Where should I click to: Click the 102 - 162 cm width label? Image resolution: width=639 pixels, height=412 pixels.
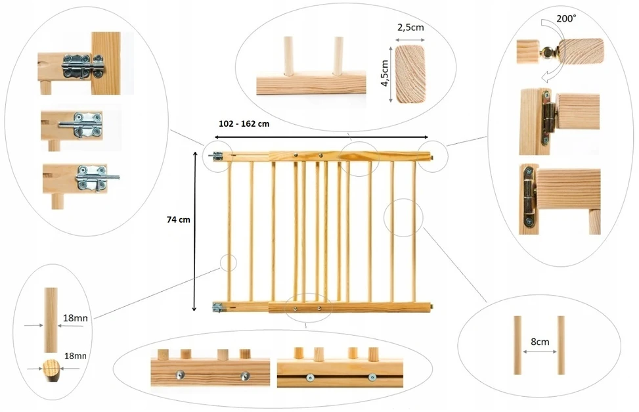(244, 124)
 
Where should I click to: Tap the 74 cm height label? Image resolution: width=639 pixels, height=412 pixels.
(179, 219)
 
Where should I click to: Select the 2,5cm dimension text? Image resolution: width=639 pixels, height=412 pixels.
(410, 28)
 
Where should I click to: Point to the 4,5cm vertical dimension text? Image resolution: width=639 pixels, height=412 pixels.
(385, 74)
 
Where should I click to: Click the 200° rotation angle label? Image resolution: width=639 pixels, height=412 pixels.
(566, 19)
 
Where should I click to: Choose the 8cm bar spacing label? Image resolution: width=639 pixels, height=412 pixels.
(540, 342)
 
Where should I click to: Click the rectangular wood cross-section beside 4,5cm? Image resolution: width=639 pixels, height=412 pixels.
(410, 74)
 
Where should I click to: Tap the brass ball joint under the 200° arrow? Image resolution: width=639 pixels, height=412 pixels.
(548, 52)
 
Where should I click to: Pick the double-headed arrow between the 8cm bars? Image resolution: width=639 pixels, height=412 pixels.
(539, 352)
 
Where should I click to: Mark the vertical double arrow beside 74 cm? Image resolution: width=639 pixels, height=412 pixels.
(194, 232)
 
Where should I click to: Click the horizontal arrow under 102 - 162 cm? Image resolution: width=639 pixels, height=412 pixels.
(321, 137)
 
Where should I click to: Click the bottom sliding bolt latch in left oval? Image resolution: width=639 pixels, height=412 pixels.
(96, 178)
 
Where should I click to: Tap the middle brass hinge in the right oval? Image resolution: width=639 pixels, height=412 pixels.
(547, 118)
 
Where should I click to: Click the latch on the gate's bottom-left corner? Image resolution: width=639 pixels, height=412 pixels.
(218, 308)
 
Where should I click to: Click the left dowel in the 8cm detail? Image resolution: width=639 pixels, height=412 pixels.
(518, 345)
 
